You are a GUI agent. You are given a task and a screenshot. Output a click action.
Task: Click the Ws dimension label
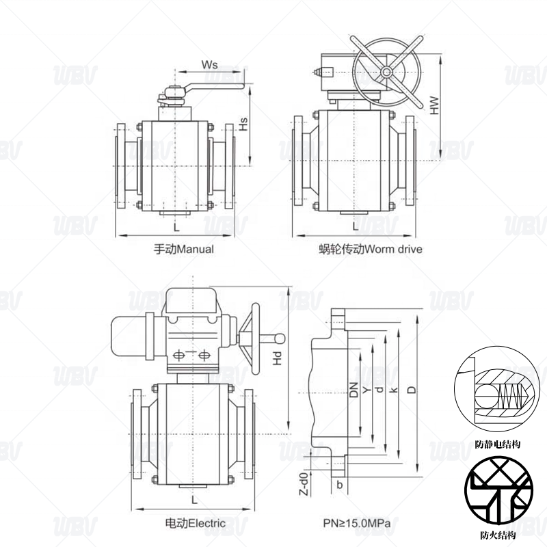(209, 64)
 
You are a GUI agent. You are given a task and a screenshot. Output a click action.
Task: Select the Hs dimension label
(243, 124)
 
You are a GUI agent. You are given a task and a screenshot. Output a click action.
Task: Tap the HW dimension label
(434, 105)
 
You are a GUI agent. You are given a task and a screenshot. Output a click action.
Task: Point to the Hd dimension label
(277, 358)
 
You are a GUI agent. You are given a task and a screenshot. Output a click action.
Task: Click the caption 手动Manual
(184, 249)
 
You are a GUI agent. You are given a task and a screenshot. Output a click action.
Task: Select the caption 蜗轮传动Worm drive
(371, 249)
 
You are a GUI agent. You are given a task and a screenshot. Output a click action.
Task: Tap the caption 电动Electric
(196, 523)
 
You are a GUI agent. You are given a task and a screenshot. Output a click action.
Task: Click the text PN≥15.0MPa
(356, 523)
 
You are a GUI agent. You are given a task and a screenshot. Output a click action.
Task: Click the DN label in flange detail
(354, 390)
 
